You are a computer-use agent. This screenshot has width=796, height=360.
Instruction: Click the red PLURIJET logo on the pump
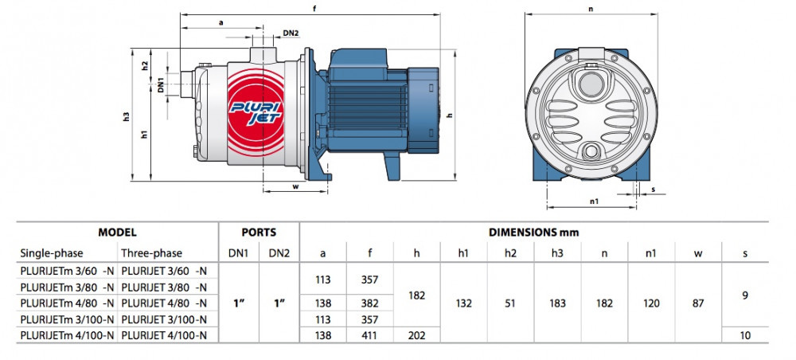256,113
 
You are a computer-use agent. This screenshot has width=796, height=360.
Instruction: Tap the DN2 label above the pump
291,33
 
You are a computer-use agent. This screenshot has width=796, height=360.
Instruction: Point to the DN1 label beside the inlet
161,84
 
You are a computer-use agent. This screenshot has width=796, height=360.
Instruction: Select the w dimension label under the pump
295,186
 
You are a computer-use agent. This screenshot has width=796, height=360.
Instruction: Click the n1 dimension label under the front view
594,201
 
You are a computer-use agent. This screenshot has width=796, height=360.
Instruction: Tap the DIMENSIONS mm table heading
533,233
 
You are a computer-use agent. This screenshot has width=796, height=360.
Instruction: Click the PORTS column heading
259,233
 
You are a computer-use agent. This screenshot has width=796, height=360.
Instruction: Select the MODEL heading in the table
117,233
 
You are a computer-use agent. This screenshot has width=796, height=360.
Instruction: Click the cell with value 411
369,335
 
